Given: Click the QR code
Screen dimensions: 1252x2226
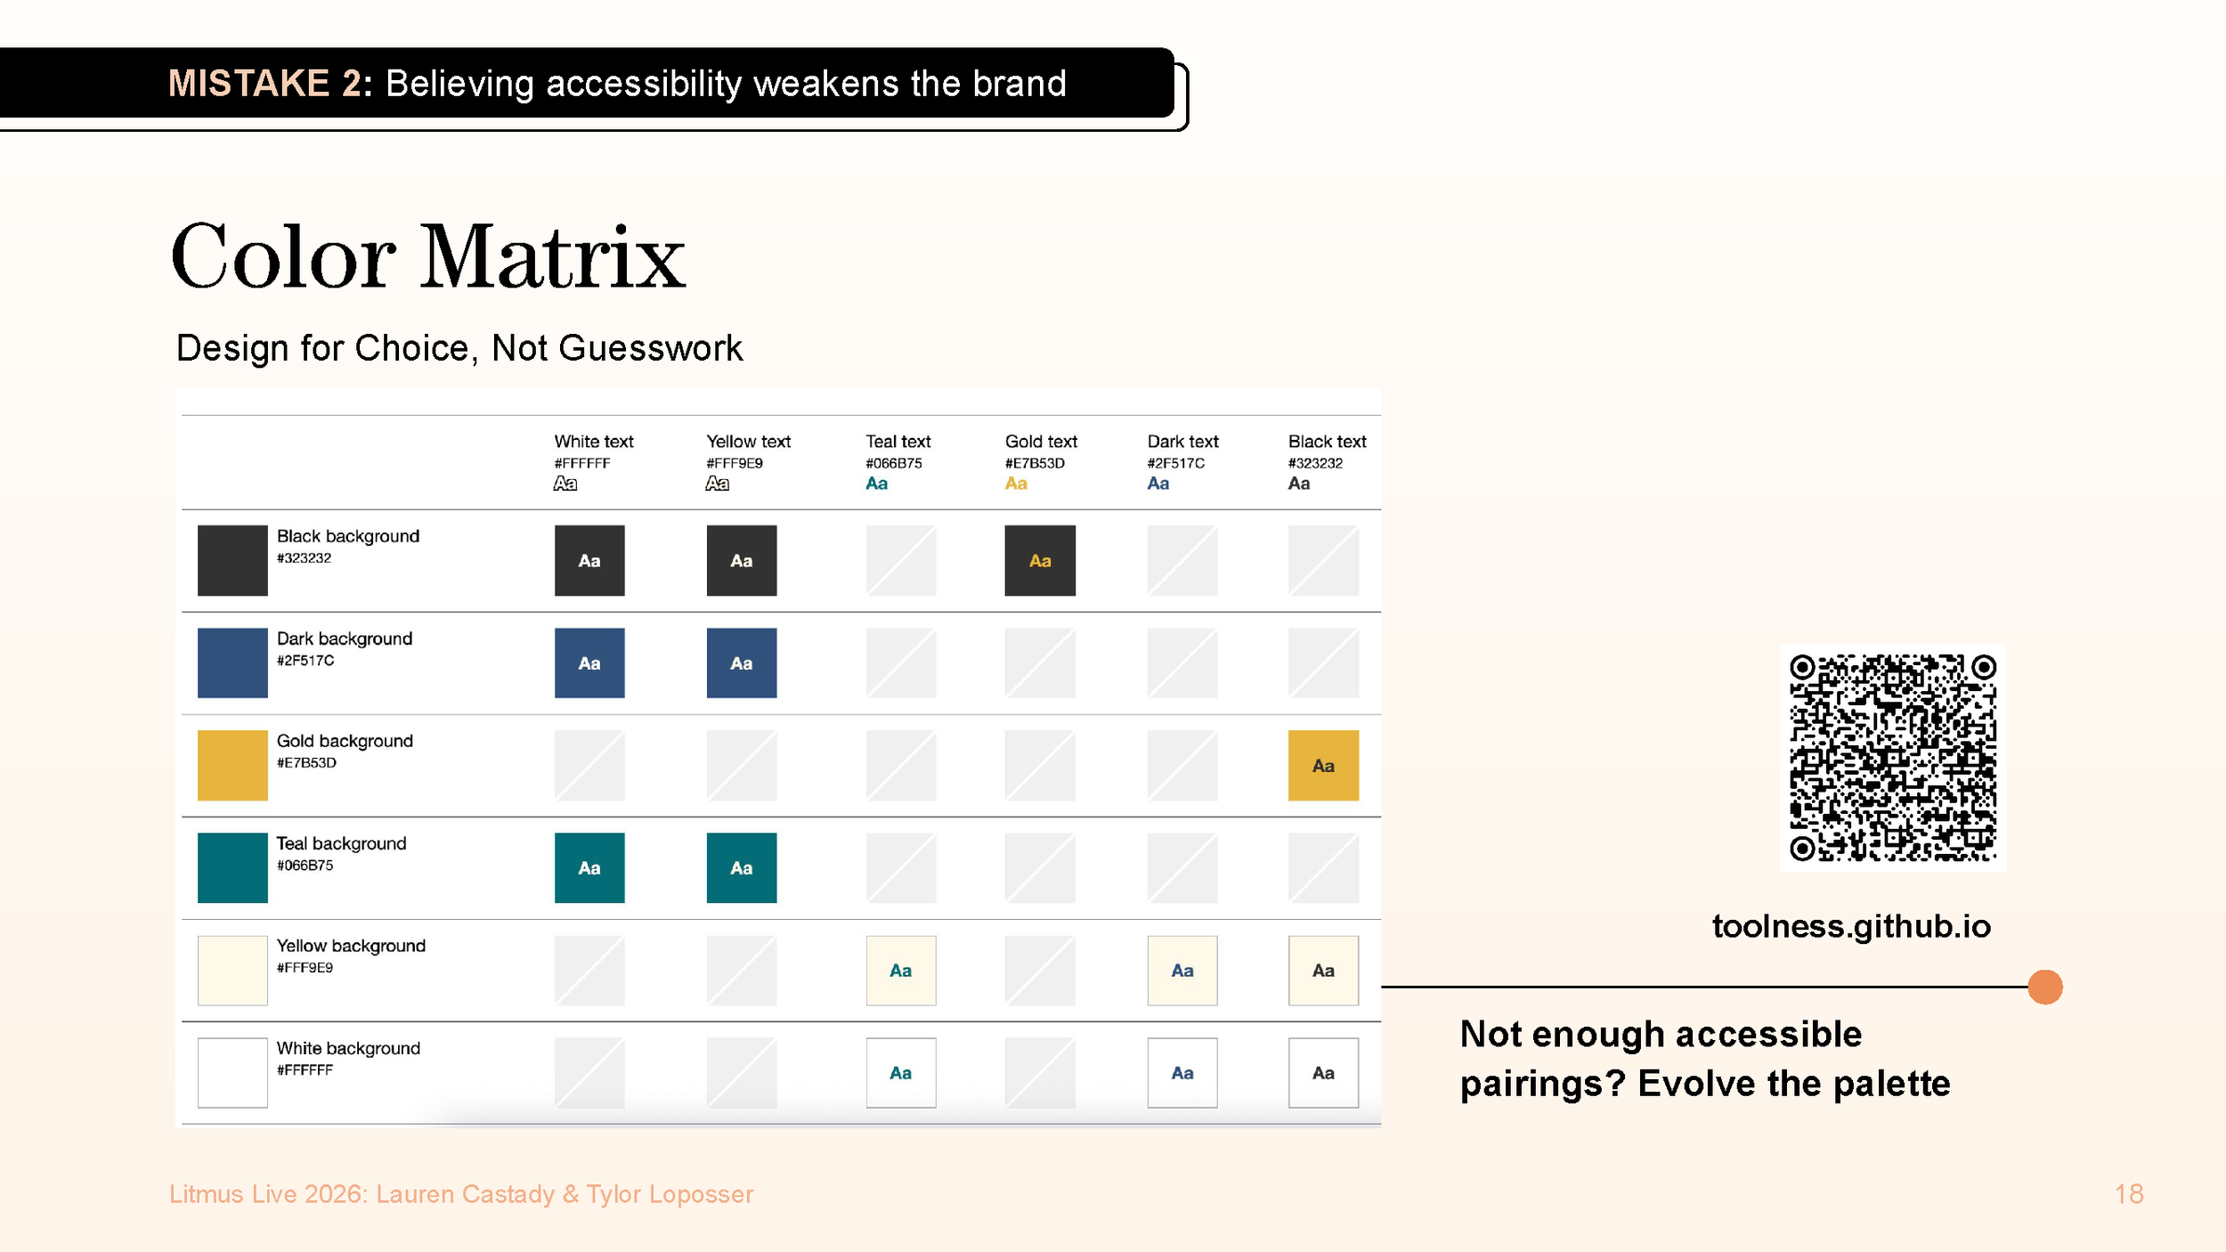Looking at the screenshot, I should pyautogui.click(x=1892, y=757).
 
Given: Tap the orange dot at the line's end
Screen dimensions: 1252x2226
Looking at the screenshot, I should pyautogui.click(x=2045, y=987).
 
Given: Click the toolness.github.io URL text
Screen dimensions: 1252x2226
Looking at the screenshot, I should pyautogui.click(x=1851, y=926).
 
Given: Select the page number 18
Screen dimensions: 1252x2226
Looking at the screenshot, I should pyautogui.click(x=2129, y=1194).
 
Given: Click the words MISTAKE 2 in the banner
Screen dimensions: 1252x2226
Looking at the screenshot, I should pyautogui.click(x=264, y=84).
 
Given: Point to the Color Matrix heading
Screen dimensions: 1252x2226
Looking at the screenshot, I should pyautogui.click(x=428, y=257).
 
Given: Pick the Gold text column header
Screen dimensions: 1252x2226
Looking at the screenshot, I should pyautogui.click(x=1041, y=442).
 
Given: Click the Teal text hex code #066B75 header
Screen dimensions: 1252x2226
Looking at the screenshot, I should pyautogui.click(x=893, y=463).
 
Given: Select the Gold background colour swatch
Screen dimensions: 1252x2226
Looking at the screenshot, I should pyautogui.click(x=232, y=765).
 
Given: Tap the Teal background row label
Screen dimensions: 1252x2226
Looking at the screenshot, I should pyautogui.click(x=341, y=843).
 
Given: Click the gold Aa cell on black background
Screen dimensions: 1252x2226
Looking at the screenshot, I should pyautogui.click(x=1040, y=560).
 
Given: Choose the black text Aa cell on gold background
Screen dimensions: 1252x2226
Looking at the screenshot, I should pyautogui.click(x=1323, y=765).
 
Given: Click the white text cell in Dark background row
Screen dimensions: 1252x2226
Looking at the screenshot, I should pyautogui.click(x=589, y=663).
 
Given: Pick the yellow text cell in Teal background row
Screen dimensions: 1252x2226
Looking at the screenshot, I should pyautogui.click(x=741, y=867).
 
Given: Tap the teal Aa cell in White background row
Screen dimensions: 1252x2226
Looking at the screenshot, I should pyautogui.click(x=900, y=1072).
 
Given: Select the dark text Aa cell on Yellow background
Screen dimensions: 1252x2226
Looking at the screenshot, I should pyautogui.click(x=1182, y=970).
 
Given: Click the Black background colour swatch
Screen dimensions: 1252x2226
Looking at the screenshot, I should pyautogui.click(x=232, y=560).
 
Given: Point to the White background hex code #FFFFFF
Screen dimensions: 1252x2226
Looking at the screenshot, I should pyautogui.click(x=305, y=1069).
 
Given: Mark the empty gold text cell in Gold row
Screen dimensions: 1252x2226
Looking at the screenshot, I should pyautogui.click(x=1040, y=765).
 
